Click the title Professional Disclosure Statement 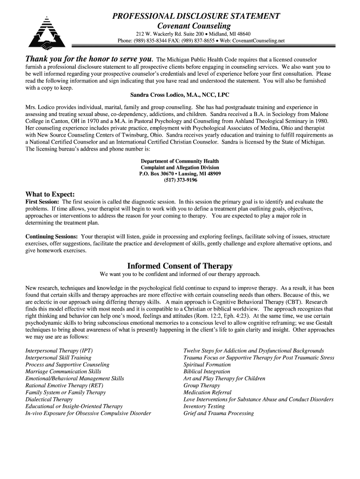(196, 16)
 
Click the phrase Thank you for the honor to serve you (89, 59)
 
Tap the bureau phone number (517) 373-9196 (180, 180)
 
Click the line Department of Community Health (180, 161)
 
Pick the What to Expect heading (50, 194)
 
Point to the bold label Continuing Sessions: (51, 237)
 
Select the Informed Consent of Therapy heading (180, 266)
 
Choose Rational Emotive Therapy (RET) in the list (65, 385)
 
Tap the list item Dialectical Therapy (49, 399)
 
